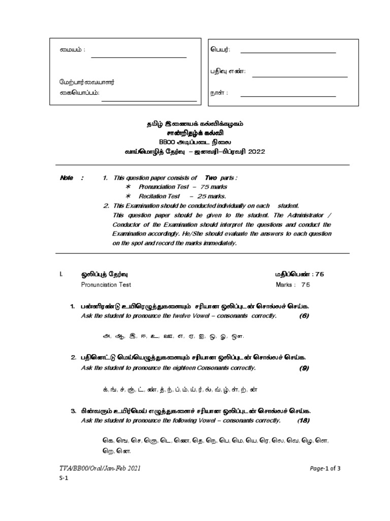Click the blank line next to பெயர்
[x=287, y=53]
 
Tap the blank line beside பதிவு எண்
[x=300, y=77]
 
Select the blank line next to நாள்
[x=287, y=96]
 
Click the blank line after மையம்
[x=139, y=57]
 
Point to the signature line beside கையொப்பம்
[x=149, y=101]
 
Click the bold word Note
[x=67, y=178]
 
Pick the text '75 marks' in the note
[x=214, y=187]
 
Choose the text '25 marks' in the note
[x=214, y=196]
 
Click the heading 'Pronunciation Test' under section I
[x=106, y=284]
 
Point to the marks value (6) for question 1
[x=304, y=316]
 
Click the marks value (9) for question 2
[x=304, y=368]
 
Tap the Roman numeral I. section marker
[x=60, y=274]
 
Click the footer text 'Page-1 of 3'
[x=326, y=468]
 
